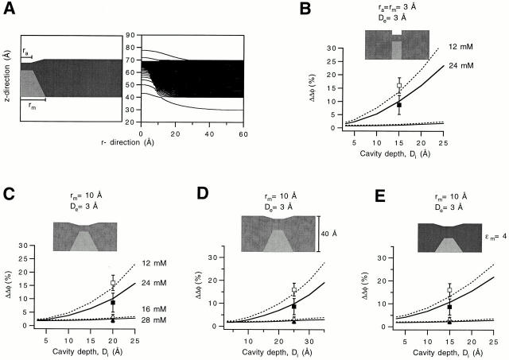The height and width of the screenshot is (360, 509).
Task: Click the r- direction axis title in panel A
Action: [x=187, y=142]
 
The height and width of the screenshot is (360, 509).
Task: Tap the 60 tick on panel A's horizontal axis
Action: [x=243, y=134]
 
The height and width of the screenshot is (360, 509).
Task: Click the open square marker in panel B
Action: [x=399, y=86]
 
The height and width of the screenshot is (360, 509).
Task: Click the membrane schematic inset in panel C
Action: [x=88, y=238]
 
